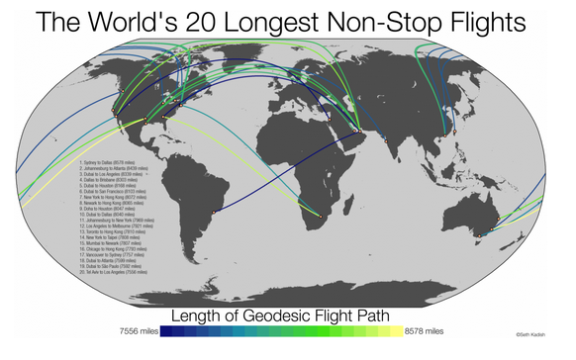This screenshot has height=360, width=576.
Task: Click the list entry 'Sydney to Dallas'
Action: (x=109, y=162)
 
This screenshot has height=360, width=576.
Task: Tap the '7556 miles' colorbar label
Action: (x=139, y=331)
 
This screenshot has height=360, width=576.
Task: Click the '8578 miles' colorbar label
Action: (x=425, y=331)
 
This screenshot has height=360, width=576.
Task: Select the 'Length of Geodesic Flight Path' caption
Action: (x=281, y=315)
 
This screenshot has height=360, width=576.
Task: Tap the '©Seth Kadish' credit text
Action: (x=530, y=335)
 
